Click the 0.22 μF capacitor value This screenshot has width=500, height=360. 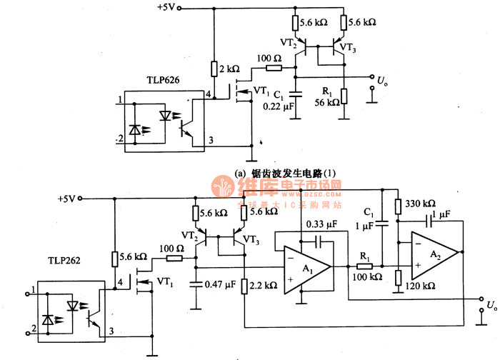278,106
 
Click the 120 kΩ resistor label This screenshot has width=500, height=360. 420,285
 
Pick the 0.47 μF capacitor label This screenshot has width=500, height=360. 221,284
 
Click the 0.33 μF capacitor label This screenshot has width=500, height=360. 319,224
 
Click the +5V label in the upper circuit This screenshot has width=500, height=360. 165,9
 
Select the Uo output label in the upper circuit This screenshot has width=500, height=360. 384,79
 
